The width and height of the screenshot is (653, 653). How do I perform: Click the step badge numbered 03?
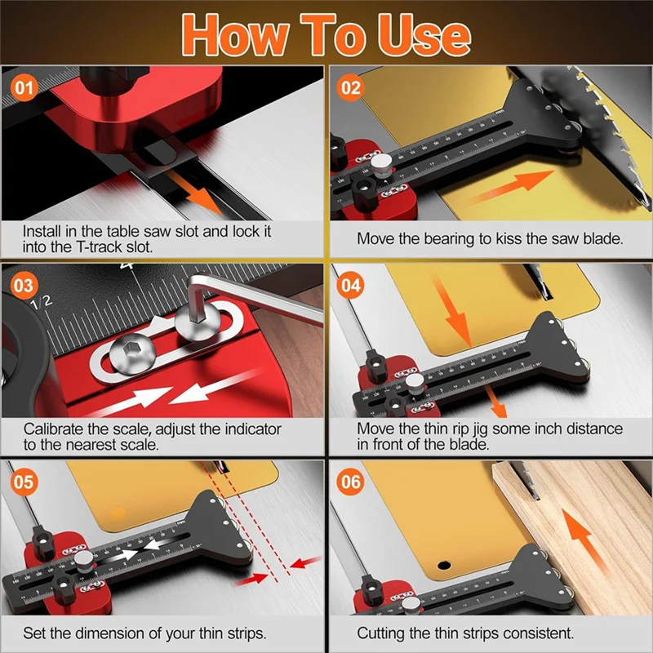click(24, 287)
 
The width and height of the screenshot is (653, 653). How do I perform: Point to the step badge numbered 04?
click(351, 287)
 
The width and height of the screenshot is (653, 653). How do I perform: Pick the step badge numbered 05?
click(24, 482)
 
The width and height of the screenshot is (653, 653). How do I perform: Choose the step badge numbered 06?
click(351, 482)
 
